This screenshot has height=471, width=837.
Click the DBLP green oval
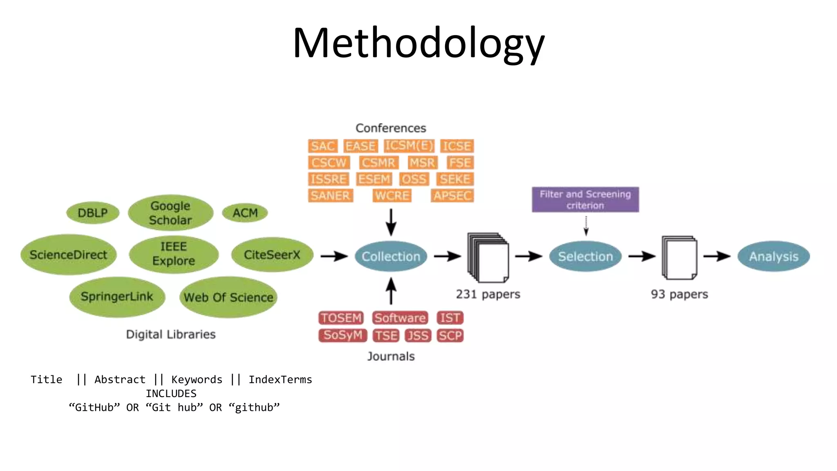(x=93, y=213)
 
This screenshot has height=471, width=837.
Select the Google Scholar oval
(x=170, y=213)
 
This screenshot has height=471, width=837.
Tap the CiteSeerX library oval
(x=272, y=255)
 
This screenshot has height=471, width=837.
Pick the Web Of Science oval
(x=228, y=297)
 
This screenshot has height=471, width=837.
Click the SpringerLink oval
(x=117, y=296)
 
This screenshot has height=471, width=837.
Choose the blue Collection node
(x=391, y=256)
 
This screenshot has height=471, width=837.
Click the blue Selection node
(x=585, y=256)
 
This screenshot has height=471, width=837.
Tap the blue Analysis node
(x=773, y=256)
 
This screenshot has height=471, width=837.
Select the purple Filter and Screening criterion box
(x=585, y=200)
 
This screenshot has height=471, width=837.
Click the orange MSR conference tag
(x=422, y=163)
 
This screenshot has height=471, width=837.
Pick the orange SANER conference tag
(x=330, y=195)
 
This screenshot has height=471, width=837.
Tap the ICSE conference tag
(x=457, y=146)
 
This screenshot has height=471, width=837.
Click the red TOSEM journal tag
(x=341, y=318)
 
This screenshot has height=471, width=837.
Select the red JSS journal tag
(x=418, y=336)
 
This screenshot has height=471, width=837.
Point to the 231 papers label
(x=488, y=294)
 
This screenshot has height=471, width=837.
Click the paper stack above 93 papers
(x=680, y=258)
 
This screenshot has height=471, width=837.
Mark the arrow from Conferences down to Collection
(x=391, y=222)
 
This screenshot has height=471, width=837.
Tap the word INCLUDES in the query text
(x=171, y=393)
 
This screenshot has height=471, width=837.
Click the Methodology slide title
(x=418, y=43)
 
